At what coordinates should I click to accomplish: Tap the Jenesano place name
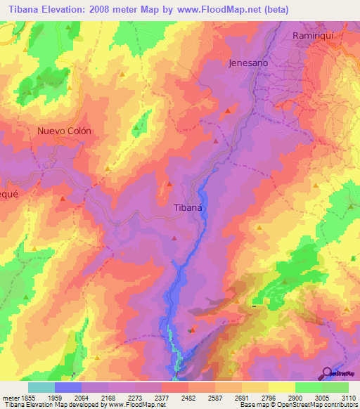pyautogui.click(x=249, y=63)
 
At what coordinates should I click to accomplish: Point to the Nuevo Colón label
pyautogui.click(x=65, y=131)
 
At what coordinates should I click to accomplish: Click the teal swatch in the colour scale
pyautogui.click(x=41, y=387)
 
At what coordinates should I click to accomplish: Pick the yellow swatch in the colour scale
pyautogui.click(x=281, y=387)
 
